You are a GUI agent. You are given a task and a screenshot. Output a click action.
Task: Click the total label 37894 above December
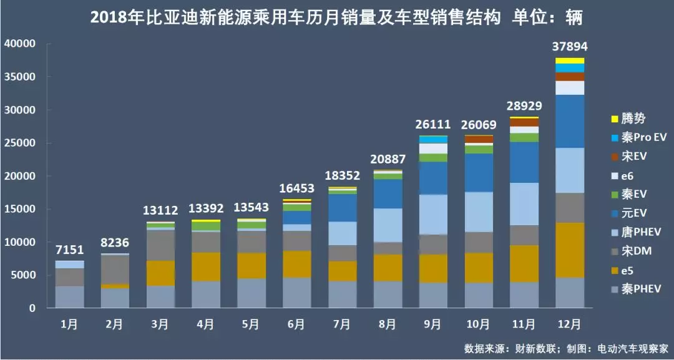(x=570, y=47)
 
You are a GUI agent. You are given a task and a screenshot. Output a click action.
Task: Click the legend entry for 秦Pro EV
(x=640, y=138)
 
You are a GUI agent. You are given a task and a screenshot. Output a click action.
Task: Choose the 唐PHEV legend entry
(x=636, y=233)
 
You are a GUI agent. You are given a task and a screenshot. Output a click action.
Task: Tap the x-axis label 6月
(x=296, y=324)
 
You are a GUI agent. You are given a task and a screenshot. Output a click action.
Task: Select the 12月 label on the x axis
(x=570, y=324)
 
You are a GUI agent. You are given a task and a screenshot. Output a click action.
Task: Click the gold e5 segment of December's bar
(x=570, y=250)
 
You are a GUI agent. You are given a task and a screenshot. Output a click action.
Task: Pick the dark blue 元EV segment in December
(x=570, y=121)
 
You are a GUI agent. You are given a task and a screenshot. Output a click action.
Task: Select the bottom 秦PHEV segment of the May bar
(x=252, y=293)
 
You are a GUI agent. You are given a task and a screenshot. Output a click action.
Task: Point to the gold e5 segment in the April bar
(x=206, y=266)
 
